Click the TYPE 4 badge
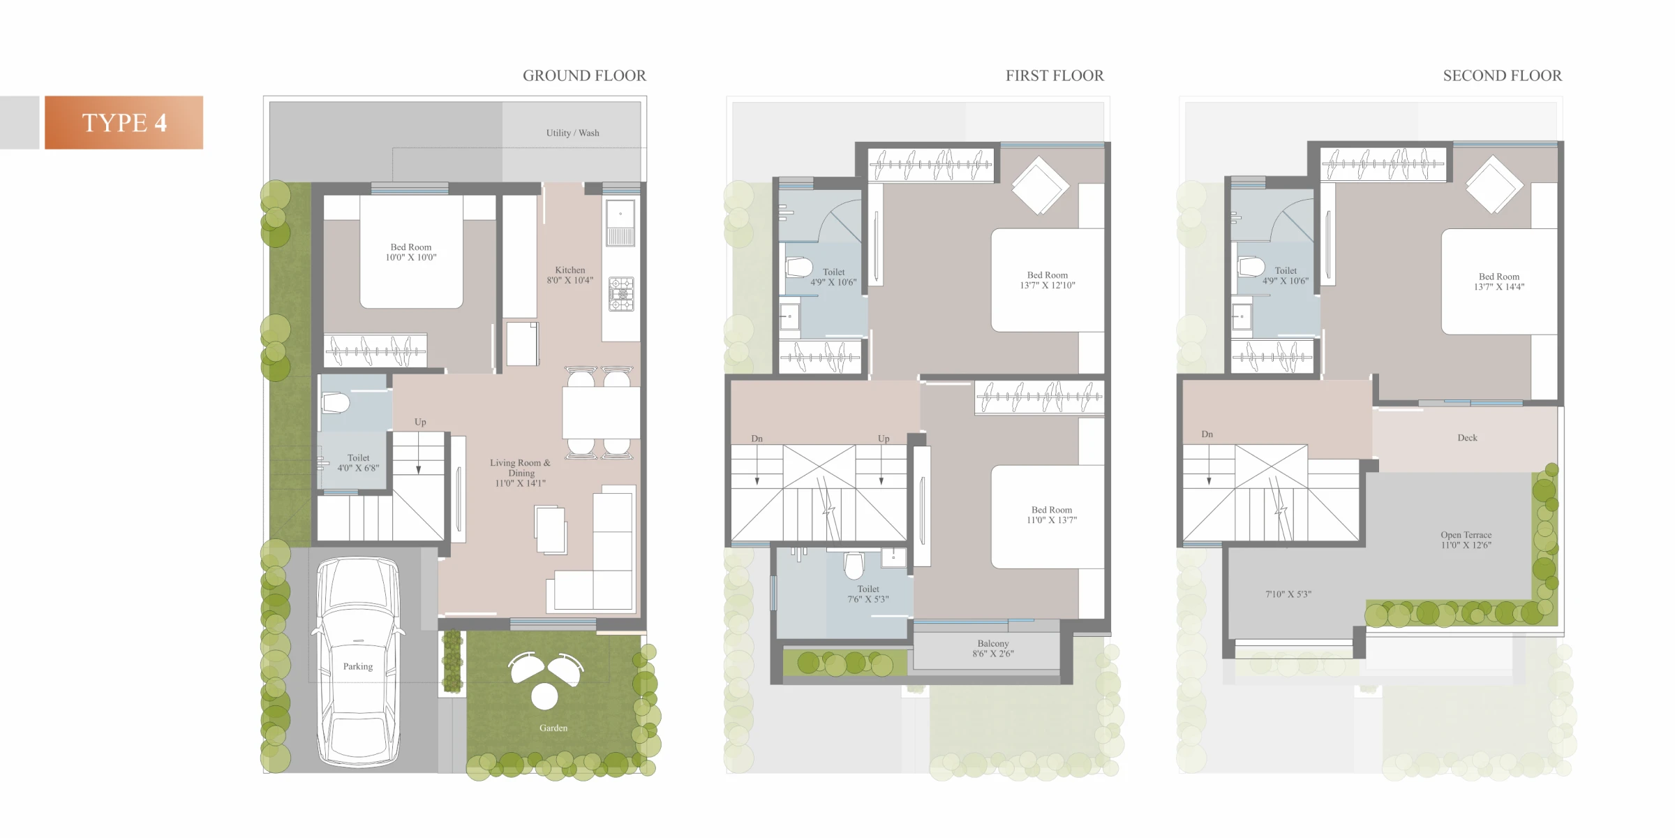(x=124, y=122)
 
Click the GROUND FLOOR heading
(x=584, y=75)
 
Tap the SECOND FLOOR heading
(x=1502, y=75)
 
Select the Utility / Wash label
(x=572, y=133)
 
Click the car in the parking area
(x=358, y=661)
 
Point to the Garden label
(x=553, y=728)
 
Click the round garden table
(x=544, y=696)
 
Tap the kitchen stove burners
(x=621, y=294)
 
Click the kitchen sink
(x=620, y=223)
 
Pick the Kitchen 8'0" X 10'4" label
(x=570, y=275)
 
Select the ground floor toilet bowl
(x=335, y=403)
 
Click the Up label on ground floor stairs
(x=420, y=422)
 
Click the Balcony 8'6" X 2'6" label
(x=993, y=649)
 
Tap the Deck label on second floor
(x=1467, y=438)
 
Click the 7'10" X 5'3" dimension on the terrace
(x=1288, y=594)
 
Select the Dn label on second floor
(x=1207, y=434)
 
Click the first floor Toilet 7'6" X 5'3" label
(x=868, y=594)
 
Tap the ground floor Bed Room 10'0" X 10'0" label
(x=411, y=252)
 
